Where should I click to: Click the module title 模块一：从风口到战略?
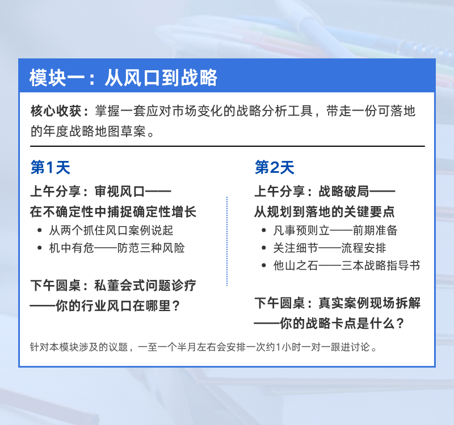[x=123, y=78]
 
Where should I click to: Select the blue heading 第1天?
[x=50, y=167]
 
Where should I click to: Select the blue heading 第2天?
[x=274, y=167]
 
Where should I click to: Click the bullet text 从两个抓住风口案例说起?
[x=111, y=231]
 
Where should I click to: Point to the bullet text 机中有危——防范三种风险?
[x=117, y=248]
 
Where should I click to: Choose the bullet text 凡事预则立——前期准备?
[x=335, y=231]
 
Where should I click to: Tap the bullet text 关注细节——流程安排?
[x=330, y=248]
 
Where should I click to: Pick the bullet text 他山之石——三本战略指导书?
[x=346, y=265]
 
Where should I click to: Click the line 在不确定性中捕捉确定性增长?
[x=113, y=211]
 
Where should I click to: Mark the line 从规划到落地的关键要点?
[x=324, y=211]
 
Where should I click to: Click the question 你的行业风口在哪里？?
[x=118, y=305]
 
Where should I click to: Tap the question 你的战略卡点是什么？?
[x=342, y=323]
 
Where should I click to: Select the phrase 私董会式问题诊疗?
[x=145, y=286]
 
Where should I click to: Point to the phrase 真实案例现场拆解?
[x=369, y=303]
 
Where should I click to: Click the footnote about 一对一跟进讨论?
[x=204, y=347]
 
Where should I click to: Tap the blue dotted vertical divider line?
[x=227, y=241]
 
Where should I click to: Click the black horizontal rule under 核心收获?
[x=228, y=146]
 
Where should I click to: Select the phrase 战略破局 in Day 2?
[x=344, y=192]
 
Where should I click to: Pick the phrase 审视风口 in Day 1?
[x=120, y=192]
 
